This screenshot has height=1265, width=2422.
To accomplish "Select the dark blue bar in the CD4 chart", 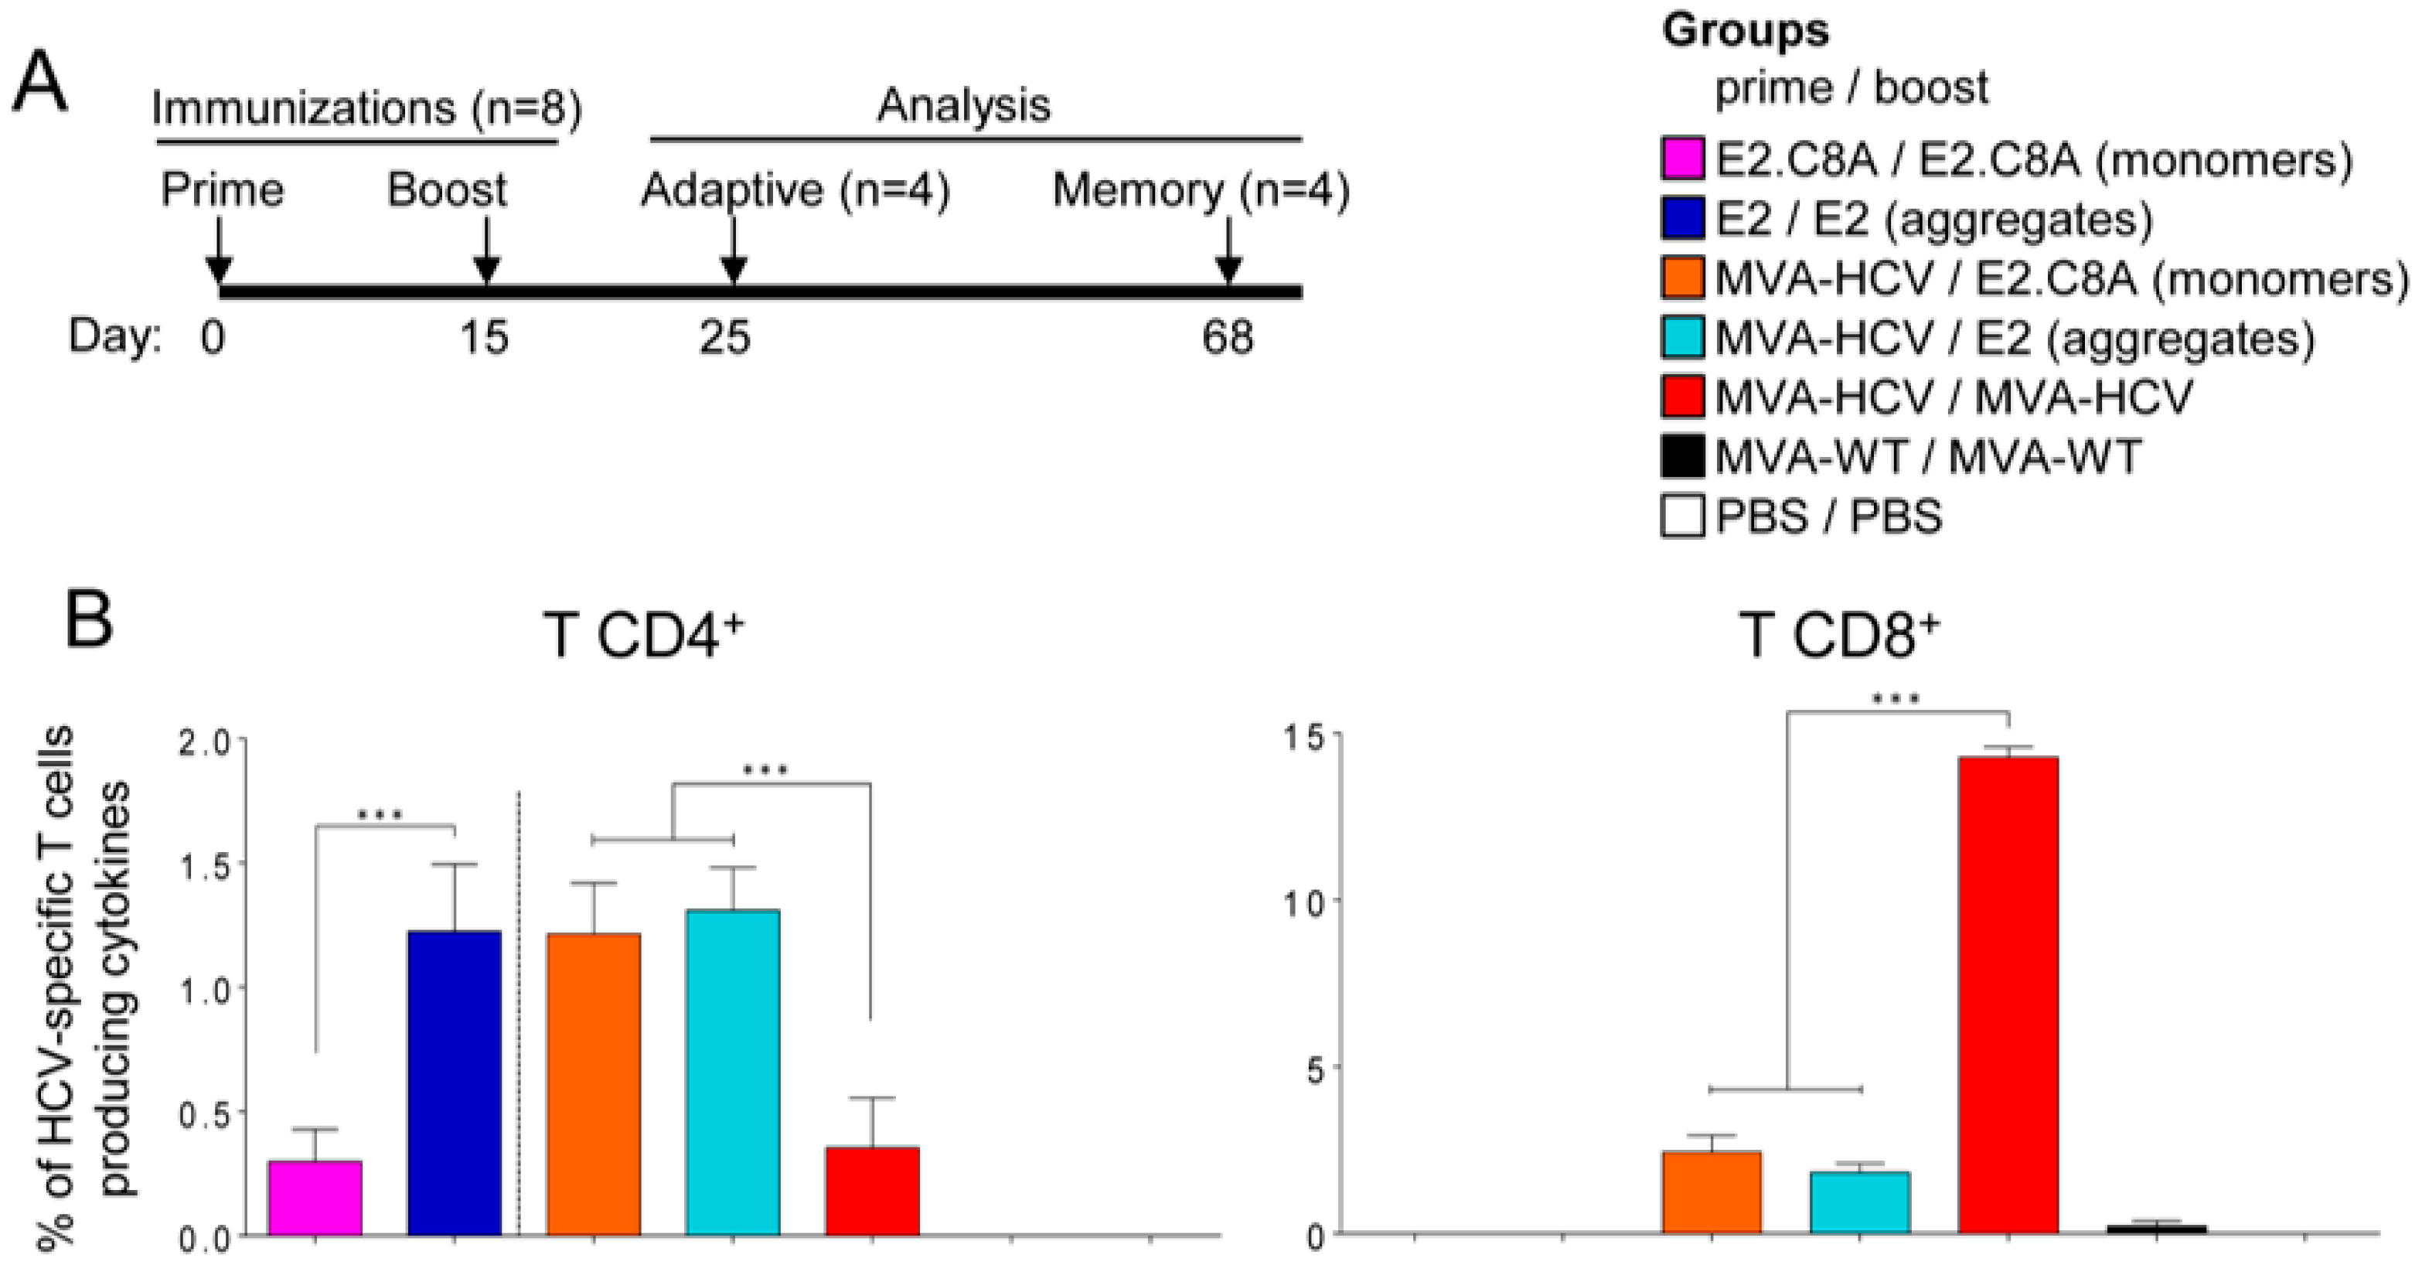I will click(x=454, y=1082).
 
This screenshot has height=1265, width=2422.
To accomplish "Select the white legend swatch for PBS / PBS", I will click(x=1682, y=517).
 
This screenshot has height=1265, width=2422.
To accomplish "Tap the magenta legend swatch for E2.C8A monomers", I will click(x=1682, y=159).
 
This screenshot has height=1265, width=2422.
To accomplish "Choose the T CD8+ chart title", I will click(x=1838, y=636).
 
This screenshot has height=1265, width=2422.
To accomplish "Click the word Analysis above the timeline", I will click(x=964, y=105).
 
